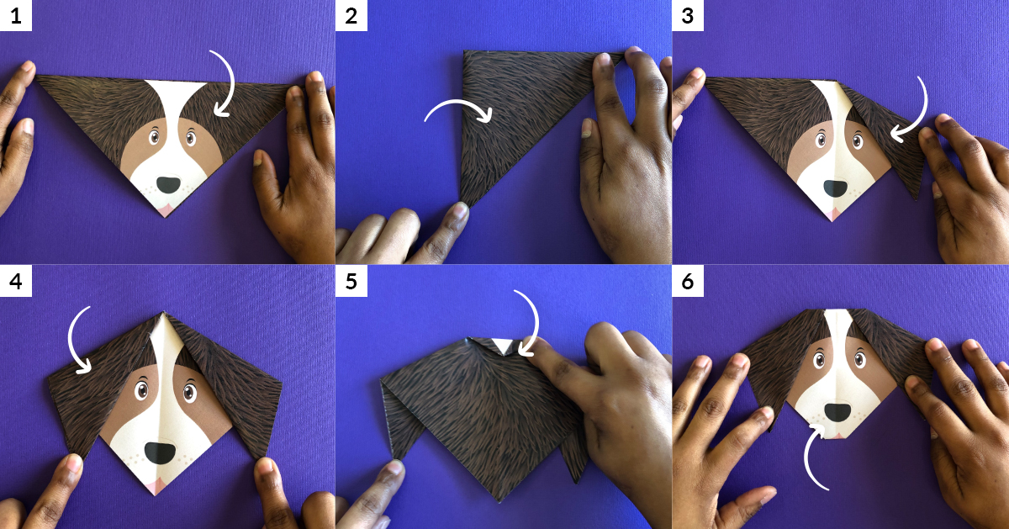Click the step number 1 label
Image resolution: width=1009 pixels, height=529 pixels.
(x=16, y=16)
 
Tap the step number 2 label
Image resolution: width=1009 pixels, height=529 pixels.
(x=351, y=16)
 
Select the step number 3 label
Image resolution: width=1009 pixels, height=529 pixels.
(x=688, y=16)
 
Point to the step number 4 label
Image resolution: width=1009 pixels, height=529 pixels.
(x=16, y=281)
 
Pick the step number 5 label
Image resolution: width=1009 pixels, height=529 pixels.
(x=351, y=281)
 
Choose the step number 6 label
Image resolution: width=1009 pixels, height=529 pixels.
(x=688, y=281)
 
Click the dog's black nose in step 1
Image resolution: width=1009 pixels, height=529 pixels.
(x=168, y=184)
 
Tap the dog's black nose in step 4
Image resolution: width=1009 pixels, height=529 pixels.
(x=160, y=452)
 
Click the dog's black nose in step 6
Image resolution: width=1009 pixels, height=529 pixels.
(x=837, y=412)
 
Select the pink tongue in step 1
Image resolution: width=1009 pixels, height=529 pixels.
(x=165, y=210)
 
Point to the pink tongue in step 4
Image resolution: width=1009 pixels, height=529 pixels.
(x=156, y=487)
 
